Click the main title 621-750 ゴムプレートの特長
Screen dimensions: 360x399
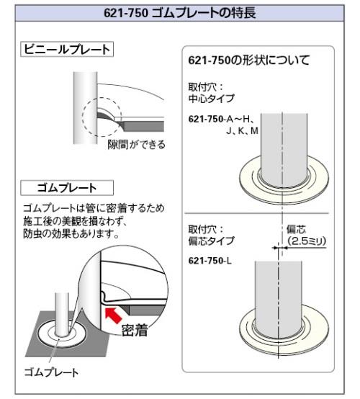(179, 13)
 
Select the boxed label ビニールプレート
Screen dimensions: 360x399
(67, 50)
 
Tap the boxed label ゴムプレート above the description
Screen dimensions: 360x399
(67, 188)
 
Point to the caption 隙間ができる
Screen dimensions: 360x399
(136, 145)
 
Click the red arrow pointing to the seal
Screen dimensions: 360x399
(113, 315)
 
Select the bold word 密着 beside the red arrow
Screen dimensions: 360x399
(135, 331)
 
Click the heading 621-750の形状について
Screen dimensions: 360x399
(249, 60)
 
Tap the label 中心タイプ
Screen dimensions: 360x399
(211, 99)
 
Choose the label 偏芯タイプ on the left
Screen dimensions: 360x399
(211, 241)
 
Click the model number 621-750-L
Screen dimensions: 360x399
(210, 261)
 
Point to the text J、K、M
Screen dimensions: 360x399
(243, 131)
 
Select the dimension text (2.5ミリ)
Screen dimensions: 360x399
(307, 241)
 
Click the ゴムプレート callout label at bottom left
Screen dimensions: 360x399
(51, 372)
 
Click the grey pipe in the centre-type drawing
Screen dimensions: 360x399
(284, 149)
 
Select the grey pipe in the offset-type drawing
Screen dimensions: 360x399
(279, 297)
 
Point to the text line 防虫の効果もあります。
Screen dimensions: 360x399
(71, 233)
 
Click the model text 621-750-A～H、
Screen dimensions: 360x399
(220, 119)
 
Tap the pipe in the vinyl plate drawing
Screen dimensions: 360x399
(85, 108)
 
